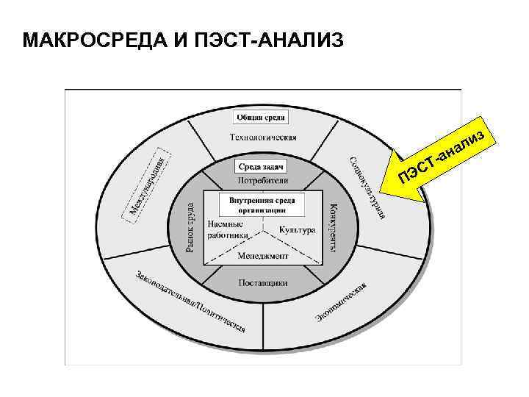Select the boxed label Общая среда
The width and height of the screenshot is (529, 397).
tap(262, 117)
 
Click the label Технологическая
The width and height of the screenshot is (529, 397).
tap(263, 137)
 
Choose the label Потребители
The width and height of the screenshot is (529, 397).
tap(263, 181)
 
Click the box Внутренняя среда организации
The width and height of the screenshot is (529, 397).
tap(262, 204)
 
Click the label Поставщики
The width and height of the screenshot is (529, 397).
tap(263, 282)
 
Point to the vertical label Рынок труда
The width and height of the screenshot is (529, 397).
tap(190, 227)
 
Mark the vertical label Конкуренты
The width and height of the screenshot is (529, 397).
tap(334, 227)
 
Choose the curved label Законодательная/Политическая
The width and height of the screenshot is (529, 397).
tap(190, 302)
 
